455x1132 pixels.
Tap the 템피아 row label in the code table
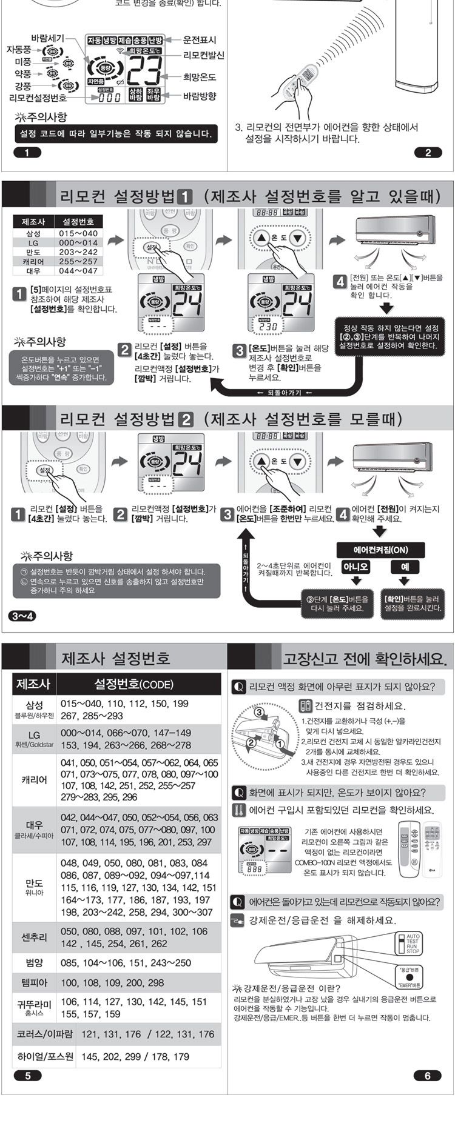[x=34, y=982]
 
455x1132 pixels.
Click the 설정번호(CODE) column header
[x=133, y=684]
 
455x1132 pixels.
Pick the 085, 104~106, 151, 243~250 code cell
[x=126, y=962]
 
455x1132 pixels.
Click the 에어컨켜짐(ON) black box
[x=380, y=550]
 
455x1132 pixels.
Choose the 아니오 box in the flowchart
[x=356, y=567]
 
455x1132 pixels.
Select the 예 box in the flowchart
[x=404, y=567]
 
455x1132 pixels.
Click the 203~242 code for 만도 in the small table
[x=78, y=252]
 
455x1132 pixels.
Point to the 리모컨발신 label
[x=204, y=55]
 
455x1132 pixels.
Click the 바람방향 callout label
[x=200, y=96]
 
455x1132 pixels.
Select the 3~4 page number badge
[x=23, y=616]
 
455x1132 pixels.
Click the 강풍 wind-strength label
[x=23, y=85]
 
